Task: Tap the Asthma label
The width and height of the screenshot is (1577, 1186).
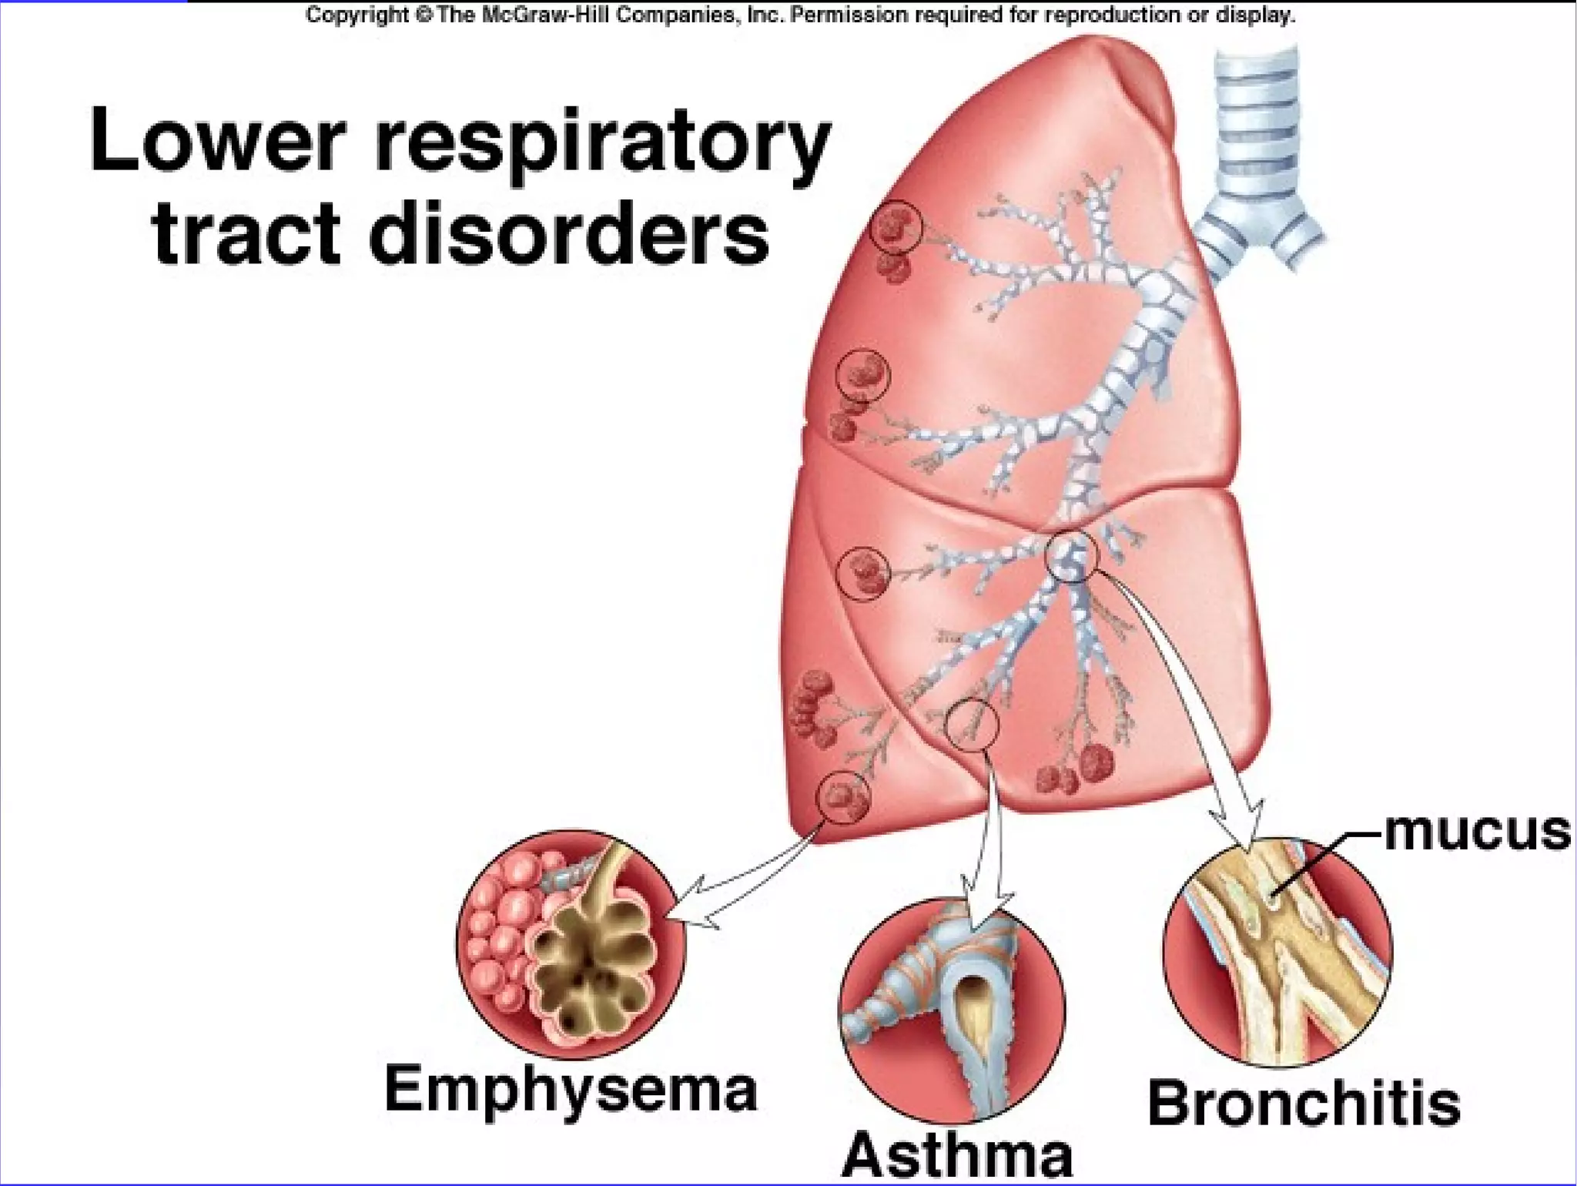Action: point(957,1155)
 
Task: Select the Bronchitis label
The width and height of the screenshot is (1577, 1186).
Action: point(1304,1104)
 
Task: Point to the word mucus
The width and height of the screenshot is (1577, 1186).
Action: point(1477,832)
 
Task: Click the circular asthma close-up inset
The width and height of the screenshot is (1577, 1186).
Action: point(952,1009)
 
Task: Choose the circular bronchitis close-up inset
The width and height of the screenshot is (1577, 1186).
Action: point(1277,952)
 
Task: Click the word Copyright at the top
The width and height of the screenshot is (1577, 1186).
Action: point(357,15)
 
